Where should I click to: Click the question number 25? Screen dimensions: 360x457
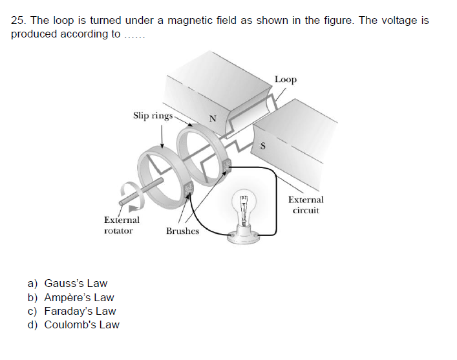pyautogui.click(x=17, y=21)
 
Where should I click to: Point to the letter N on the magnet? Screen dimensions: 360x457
pyautogui.click(x=211, y=118)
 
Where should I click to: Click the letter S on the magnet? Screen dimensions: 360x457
pyautogui.click(x=262, y=145)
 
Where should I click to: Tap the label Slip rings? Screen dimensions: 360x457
pyautogui.click(x=153, y=116)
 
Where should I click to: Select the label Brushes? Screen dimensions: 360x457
pyautogui.click(x=182, y=231)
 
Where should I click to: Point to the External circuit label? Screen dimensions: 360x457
pyautogui.click(x=306, y=205)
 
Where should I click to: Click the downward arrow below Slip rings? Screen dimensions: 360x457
pyautogui.click(x=162, y=136)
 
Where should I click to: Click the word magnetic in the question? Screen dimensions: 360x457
pyautogui.click(x=202, y=21)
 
